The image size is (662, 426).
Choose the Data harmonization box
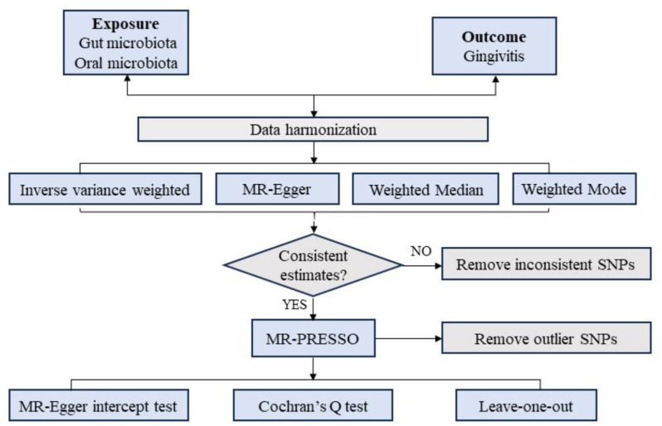click(313, 129)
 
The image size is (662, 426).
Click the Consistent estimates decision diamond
click(313, 264)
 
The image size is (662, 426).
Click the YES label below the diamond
click(294, 304)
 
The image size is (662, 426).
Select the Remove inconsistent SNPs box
click(545, 264)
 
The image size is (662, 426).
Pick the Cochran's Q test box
click(313, 407)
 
